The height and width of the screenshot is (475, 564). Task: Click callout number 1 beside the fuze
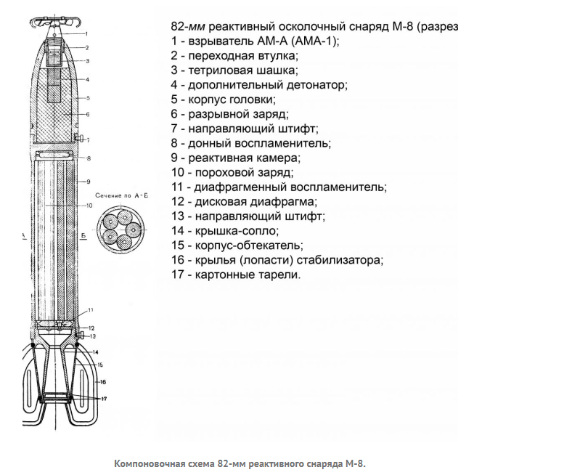point(86,34)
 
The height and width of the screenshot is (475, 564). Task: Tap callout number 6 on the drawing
point(87,115)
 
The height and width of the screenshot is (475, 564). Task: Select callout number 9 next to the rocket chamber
point(89,182)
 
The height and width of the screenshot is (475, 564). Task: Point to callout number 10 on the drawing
point(89,206)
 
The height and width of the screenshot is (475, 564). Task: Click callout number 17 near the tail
point(104,399)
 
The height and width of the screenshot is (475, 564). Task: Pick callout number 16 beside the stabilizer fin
point(103,382)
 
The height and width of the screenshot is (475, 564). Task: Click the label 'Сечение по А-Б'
point(121,196)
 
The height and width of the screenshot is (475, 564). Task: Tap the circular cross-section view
point(120,230)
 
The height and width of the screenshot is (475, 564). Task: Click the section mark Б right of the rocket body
point(83,236)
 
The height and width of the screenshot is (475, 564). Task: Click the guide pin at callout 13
point(80,336)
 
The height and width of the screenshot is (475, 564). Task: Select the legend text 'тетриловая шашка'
point(243,70)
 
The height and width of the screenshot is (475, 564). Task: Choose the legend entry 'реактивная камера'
point(244,158)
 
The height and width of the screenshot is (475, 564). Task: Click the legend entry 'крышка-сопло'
point(237,231)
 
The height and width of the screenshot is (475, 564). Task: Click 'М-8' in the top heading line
point(401,27)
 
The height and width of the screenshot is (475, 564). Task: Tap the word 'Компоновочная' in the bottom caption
point(147,463)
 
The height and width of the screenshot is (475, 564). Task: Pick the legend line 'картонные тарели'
point(248,275)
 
